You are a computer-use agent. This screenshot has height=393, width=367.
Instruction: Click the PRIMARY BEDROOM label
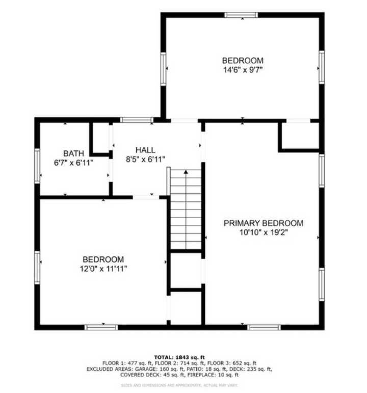point(264,223)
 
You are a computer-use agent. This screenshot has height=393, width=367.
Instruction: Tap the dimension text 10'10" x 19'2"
point(264,232)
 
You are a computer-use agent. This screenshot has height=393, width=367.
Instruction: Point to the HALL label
point(145,150)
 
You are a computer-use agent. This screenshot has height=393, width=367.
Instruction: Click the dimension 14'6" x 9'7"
point(243,70)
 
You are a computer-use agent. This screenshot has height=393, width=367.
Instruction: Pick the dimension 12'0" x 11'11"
point(103,268)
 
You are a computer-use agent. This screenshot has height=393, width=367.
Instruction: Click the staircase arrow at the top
point(186,172)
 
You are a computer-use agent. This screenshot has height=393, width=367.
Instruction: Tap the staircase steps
point(186,214)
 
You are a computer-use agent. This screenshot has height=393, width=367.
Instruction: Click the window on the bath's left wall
point(37,166)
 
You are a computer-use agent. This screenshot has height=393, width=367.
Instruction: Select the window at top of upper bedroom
point(241,15)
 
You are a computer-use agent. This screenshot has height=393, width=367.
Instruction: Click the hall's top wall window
point(136,120)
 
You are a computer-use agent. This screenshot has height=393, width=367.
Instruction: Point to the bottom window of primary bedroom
point(264,327)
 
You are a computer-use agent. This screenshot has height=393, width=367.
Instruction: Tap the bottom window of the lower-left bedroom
point(101,327)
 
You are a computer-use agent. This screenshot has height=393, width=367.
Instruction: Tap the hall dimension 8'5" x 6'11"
point(146,159)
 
